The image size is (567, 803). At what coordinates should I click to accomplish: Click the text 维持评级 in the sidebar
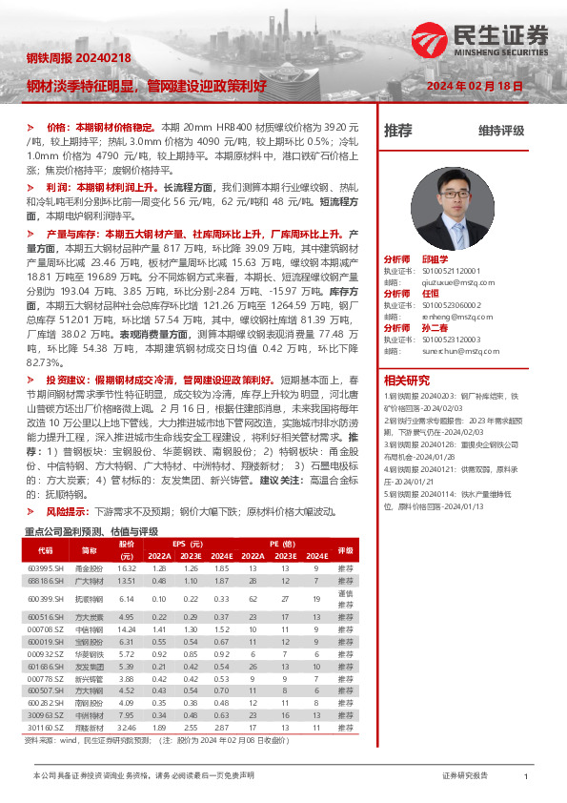[500, 131]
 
